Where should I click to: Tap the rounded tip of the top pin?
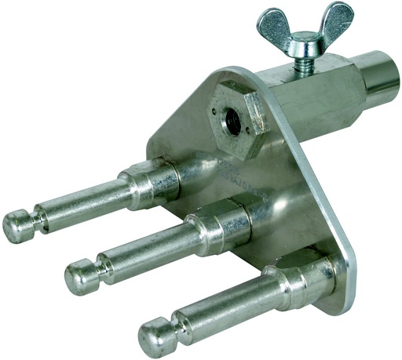16,227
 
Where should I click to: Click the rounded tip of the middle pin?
79,277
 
